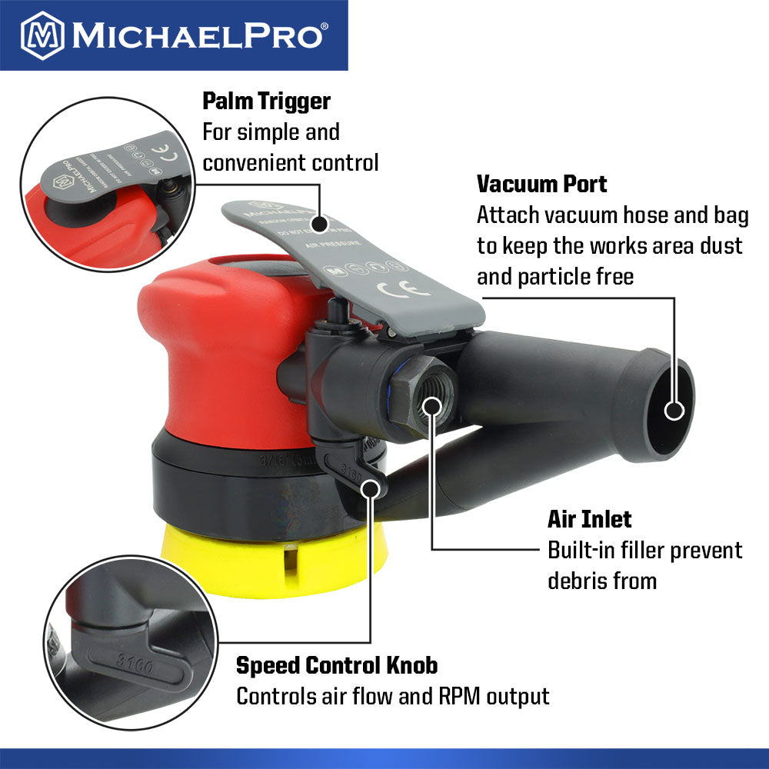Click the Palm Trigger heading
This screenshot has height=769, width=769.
pyautogui.click(x=266, y=101)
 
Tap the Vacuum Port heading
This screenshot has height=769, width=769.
pyautogui.click(x=541, y=184)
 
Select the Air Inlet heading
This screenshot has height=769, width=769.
pyautogui.click(x=589, y=519)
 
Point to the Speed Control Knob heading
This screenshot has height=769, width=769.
pyautogui.click(x=337, y=664)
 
